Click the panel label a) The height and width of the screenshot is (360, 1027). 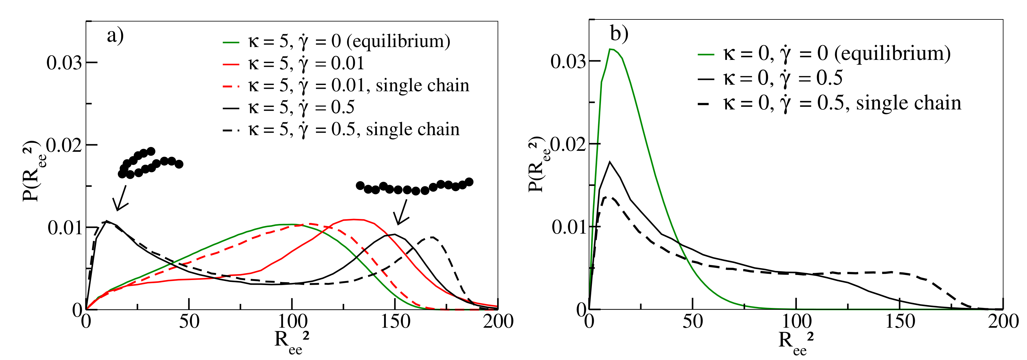point(115,36)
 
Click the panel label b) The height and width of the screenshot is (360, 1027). point(619,34)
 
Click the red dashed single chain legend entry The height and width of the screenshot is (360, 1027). point(346,86)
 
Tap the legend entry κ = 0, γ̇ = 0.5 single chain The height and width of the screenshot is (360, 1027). point(829,103)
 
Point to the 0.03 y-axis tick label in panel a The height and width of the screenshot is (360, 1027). point(64,63)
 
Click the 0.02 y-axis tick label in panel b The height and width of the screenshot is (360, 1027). point(568,144)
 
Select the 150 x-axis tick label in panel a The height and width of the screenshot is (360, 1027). point(395,321)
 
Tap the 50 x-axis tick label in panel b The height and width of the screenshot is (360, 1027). point(693,321)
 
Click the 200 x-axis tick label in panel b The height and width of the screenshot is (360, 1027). point(1003,321)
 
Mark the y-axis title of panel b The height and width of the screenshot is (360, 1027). point(538,164)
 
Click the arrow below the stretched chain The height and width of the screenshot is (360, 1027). point(402,213)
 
